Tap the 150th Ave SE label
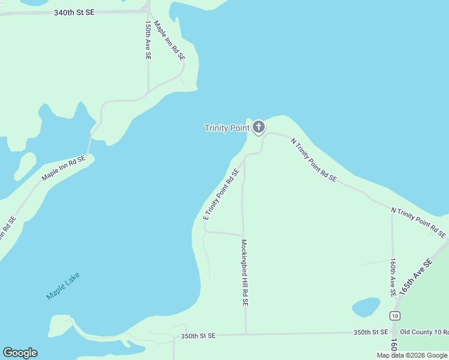(x=148, y=40)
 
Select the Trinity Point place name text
(x=227, y=128)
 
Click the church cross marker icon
(x=259, y=127)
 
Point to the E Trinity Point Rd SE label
(x=221, y=194)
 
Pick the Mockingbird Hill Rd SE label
(x=244, y=273)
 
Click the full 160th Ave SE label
(x=392, y=277)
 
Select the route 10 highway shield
(x=394, y=316)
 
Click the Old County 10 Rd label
(x=424, y=332)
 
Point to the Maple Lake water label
(x=62, y=286)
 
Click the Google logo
(x=20, y=353)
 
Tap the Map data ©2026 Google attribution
(x=412, y=355)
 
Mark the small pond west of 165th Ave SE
(x=366, y=307)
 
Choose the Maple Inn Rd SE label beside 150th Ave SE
(x=169, y=40)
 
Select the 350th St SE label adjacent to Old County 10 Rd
(x=371, y=332)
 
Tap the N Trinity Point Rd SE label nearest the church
(x=313, y=160)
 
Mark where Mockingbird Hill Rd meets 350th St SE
(x=246, y=334)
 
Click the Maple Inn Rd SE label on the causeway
(x=64, y=169)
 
